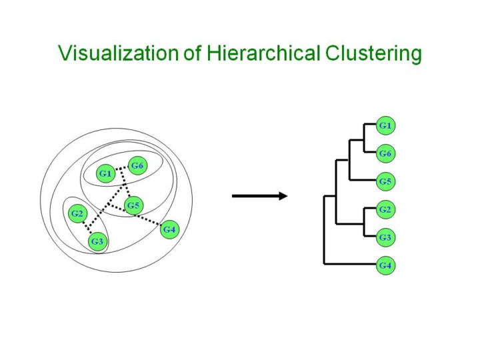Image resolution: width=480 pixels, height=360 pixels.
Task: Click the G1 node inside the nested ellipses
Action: coord(105,174)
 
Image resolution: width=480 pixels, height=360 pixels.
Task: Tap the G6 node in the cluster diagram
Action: coord(137,165)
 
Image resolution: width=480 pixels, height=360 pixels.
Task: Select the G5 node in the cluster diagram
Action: coord(133,205)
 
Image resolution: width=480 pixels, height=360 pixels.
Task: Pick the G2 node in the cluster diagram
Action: coord(78,214)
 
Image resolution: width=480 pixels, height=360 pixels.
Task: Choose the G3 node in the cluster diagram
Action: coord(97,241)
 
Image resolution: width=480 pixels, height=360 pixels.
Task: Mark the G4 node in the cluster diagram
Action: coord(169,230)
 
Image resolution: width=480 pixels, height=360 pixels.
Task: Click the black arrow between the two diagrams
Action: coord(259,196)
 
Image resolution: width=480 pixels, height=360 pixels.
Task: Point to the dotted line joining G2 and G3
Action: coord(87,227)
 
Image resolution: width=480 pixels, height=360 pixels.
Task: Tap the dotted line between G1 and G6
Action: coord(121,169)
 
